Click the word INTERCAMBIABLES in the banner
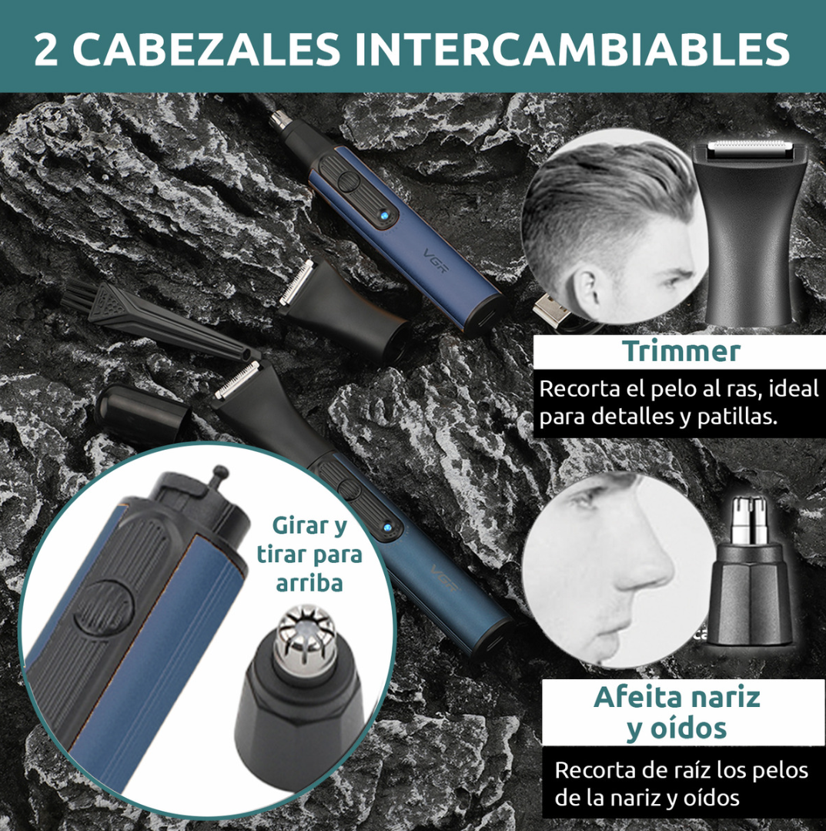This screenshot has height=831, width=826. (573, 49)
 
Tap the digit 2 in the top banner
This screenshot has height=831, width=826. (45, 49)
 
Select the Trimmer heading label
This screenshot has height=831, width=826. (681, 351)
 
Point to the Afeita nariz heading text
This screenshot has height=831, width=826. (677, 697)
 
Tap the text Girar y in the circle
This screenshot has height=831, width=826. (310, 526)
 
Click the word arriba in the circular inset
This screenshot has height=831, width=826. (309, 583)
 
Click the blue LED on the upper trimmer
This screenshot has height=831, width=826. (383, 216)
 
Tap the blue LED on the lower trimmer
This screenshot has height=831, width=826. (387, 528)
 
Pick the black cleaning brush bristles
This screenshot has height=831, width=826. (80, 297)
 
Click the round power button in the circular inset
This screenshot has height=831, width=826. (104, 606)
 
